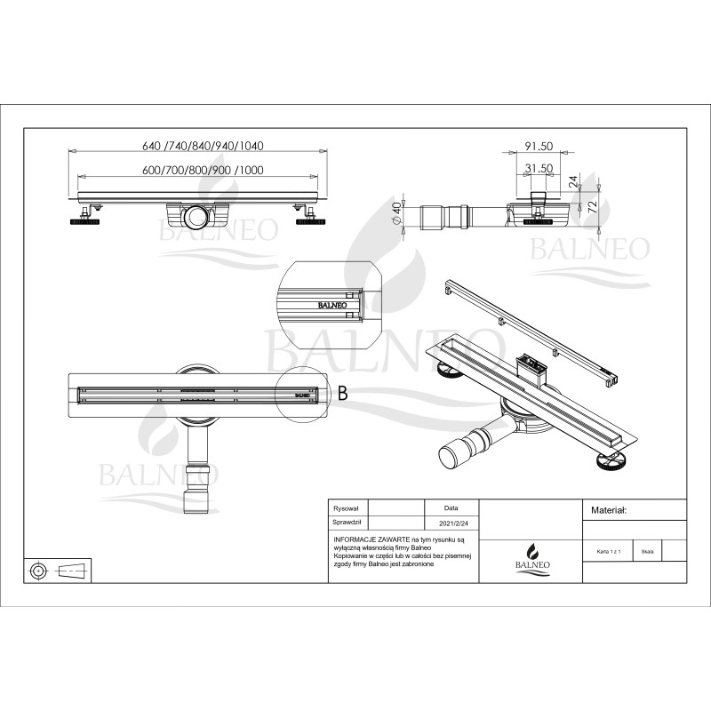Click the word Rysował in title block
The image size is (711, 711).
pos(345,508)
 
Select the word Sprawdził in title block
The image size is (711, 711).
pos(347,524)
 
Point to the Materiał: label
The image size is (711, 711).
pos(610,511)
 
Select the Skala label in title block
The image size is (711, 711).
pos(647,551)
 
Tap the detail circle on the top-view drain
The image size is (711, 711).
pos(301,387)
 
